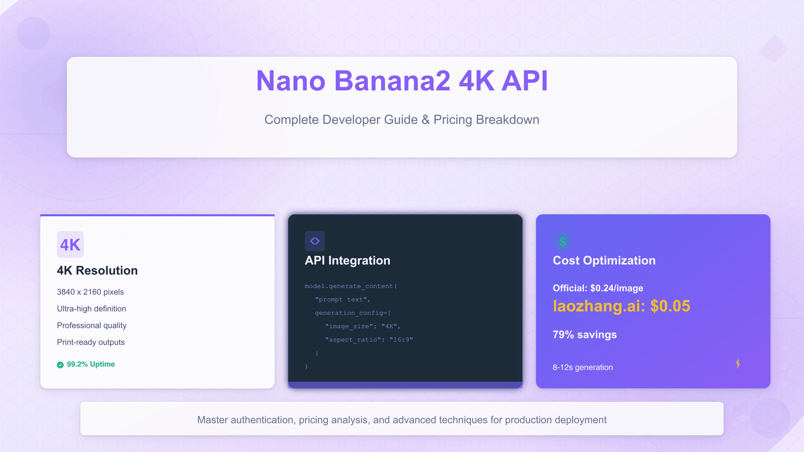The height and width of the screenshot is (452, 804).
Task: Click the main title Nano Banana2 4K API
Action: click(x=402, y=81)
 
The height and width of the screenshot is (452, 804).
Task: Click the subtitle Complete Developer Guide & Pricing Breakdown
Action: click(x=402, y=120)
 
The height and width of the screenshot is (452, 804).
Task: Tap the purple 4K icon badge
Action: click(x=70, y=244)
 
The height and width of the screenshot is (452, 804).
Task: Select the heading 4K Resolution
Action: click(x=97, y=271)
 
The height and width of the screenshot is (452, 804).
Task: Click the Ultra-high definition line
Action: click(x=91, y=309)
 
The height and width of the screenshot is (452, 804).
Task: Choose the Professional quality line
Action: click(x=92, y=325)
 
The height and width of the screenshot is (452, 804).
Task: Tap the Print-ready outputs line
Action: click(x=91, y=342)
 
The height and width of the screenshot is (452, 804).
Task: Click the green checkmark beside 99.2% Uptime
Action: click(x=60, y=365)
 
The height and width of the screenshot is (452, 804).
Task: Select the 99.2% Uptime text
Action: click(x=91, y=364)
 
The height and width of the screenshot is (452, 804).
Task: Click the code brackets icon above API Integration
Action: click(x=315, y=241)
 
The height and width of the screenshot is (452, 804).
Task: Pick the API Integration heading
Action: click(x=347, y=260)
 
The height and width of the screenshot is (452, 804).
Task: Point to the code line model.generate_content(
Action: click(x=351, y=286)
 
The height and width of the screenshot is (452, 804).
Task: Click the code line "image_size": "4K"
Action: click(x=362, y=326)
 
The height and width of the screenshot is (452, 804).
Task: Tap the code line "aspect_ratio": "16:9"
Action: click(x=369, y=340)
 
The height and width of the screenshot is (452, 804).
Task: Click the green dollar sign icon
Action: click(x=563, y=241)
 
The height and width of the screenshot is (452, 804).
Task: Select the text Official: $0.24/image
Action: click(x=598, y=288)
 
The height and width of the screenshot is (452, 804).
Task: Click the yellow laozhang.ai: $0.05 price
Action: click(x=621, y=306)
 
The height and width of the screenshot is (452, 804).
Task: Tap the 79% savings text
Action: click(x=585, y=335)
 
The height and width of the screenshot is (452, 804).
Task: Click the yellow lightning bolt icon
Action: click(x=738, y=363)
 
